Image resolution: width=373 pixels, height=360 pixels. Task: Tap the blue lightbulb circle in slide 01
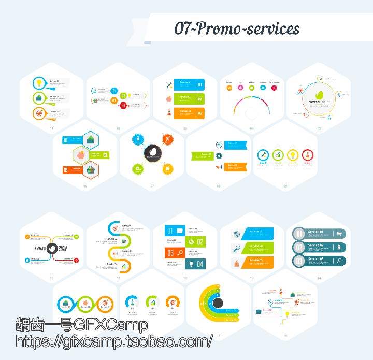39,83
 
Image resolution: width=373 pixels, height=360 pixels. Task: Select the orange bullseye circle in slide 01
39,113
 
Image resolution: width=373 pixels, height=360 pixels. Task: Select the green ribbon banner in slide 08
203,155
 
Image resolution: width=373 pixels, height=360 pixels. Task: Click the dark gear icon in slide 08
219,155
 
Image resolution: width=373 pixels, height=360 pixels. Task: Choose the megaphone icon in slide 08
219,167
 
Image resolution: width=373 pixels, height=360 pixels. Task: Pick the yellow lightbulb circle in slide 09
293,154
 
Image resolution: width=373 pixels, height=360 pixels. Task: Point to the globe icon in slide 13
237,234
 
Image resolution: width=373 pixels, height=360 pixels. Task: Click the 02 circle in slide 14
299,248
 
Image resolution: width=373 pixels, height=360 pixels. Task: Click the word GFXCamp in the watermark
111,325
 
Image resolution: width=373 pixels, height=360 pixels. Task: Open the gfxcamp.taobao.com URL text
114,341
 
